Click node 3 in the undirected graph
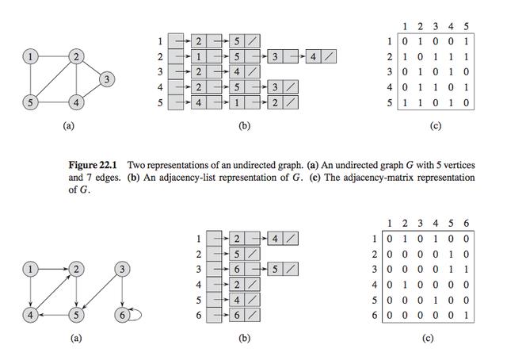(108, 79)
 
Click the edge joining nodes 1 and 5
(30, 79)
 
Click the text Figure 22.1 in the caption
(92, 164)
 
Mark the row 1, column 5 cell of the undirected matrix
(466, 41)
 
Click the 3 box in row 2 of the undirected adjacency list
(273, 57)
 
